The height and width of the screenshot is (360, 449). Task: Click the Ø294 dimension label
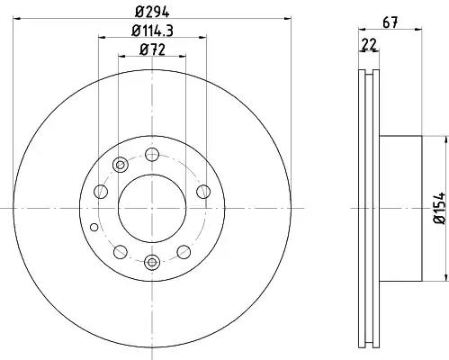tap(152, 12)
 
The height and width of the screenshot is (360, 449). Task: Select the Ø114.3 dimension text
tap(152, 31)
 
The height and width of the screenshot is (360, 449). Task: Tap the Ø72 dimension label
tap(152, 49)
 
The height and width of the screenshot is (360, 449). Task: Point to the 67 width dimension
tap(391, 22)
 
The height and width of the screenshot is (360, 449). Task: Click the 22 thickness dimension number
tap(369, 45)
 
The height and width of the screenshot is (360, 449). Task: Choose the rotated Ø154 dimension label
tap(440, 208)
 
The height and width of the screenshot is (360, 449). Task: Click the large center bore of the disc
tap(152, 208)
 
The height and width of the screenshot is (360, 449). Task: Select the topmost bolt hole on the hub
tap(152, 155)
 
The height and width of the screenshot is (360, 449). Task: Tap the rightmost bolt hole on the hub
tap(203, 192)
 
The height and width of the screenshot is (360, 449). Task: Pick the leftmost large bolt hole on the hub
tap(101, 192)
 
